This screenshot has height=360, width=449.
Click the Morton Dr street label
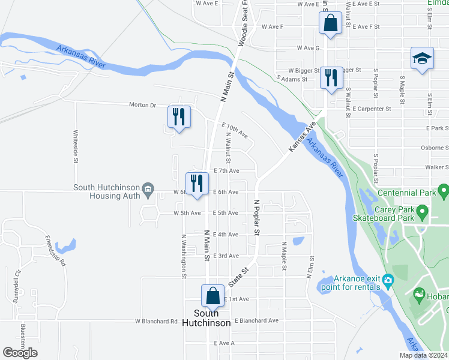click(x=142, y=105)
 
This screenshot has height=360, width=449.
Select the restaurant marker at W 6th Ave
click(x=197, y=183)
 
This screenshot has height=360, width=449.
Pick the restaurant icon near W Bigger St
click(x=331, y=77)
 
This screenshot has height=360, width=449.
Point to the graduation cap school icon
click(x=422, y=59)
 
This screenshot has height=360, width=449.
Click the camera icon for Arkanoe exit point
click(x=388, y=280)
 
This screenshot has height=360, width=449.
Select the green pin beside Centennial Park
click(x=444, y=192)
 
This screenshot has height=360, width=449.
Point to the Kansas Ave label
click(x=301, y=139)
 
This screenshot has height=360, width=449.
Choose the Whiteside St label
click(x=76, y=146)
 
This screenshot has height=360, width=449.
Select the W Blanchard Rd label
click(x=156, y=321)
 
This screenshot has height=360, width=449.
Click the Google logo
click(x=20, y=353)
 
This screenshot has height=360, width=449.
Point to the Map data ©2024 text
click(x=423, y=355)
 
